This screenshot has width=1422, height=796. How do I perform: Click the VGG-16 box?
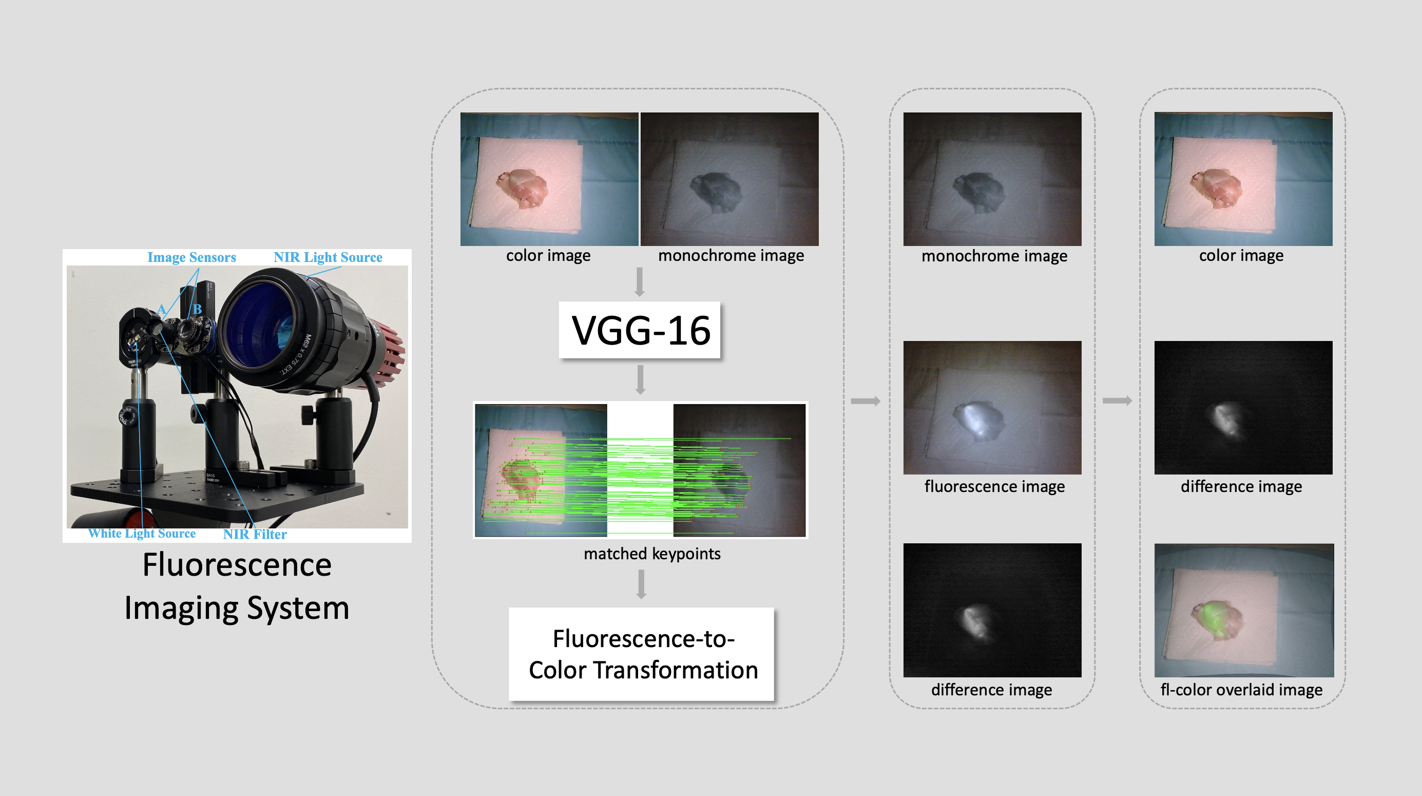click(640, 330)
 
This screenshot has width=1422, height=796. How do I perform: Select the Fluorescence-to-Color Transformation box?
click(642, 654)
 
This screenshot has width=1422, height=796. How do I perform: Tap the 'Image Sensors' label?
click(191, 257)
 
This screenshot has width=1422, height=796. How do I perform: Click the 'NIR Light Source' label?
click(328, 257)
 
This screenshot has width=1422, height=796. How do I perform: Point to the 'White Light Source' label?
click(142, 533)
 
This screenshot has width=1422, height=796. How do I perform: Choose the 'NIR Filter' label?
click(255, 534)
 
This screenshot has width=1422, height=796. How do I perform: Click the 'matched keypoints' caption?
click(652, 554)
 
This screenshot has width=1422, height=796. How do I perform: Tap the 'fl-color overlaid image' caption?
click(1241, 689)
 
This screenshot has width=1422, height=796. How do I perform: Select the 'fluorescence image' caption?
click(994, 486)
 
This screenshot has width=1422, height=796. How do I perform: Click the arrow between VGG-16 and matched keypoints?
click(640, 380)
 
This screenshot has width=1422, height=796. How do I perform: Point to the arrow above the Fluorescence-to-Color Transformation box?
click(641, 584)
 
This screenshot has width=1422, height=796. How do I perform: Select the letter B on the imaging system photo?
click(197, 309)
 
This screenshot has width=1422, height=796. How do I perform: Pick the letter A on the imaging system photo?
click(161, 309)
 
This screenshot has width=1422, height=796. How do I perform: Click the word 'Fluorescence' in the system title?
click(237, 565)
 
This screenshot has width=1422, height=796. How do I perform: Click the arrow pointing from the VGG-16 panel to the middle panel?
click(866, 401)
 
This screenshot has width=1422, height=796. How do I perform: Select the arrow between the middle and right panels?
click(1117, 401)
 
